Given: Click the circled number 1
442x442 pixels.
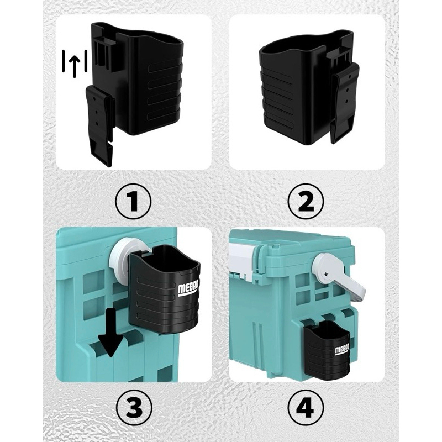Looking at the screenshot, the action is [133, 202].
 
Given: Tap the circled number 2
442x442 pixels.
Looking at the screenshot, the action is [306, 202].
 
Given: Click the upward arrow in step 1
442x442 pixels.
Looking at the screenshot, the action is [75, 65].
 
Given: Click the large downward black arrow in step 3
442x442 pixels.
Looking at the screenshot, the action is [112, 332].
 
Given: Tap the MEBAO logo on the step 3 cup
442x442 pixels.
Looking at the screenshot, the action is [188, 288].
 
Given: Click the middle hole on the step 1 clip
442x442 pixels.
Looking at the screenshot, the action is [97, 112].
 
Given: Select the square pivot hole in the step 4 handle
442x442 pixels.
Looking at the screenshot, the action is [327, 275].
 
